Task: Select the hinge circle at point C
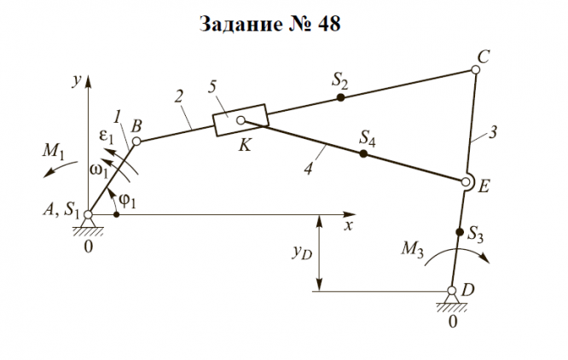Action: pos(476,70)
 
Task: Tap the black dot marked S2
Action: pos(340,98)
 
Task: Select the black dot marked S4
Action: pos(363,154)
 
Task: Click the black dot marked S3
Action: pos(460,232)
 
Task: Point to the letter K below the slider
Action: pos(245,146)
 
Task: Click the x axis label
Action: pos(348,226)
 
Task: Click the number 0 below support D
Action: pos(453,322)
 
